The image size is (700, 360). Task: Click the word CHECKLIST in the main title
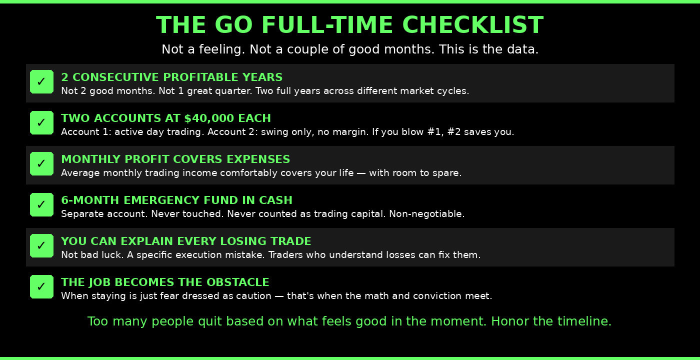click(472, 25)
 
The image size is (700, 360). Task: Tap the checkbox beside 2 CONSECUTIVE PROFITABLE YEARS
click(41, 82)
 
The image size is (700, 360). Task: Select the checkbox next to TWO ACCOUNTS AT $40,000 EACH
click(41, 123)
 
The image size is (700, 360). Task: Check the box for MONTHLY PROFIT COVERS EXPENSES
click(41, 164)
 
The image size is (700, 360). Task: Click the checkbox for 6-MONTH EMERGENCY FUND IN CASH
click(41, 205)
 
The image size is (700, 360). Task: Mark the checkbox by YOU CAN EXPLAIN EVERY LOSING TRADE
click(41, 246)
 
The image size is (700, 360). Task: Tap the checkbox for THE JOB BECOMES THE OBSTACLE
click(41, 287)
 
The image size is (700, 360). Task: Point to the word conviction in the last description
click(437, 296)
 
